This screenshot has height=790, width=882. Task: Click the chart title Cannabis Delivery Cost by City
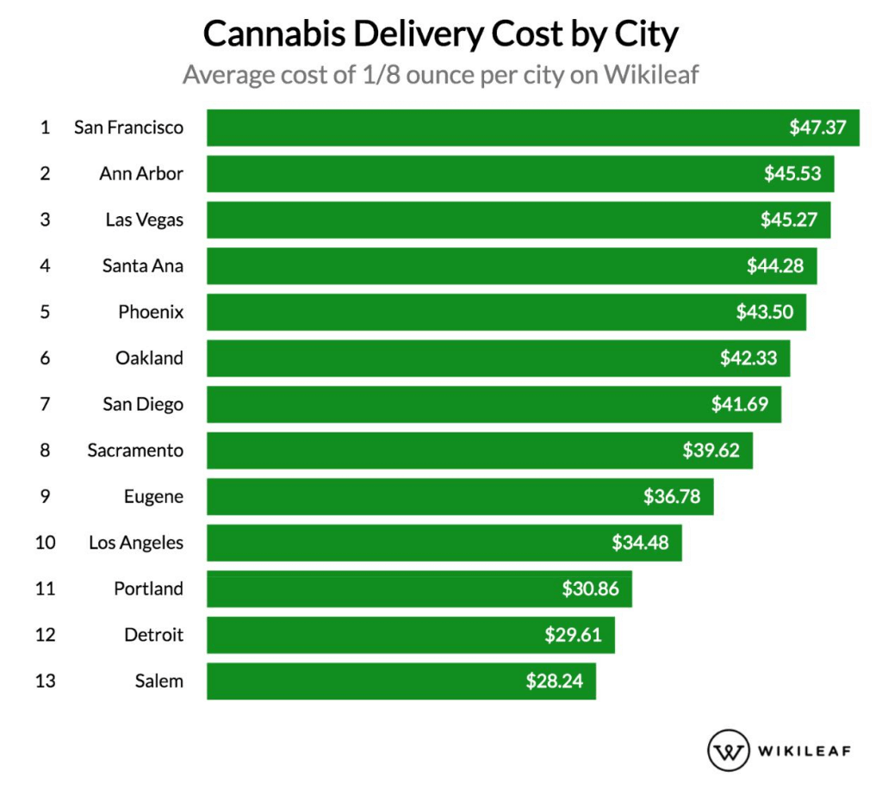pyautogui.click(x=441, y=36)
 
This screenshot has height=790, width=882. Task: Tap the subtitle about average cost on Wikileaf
pyautogui.click(x=440, y=76)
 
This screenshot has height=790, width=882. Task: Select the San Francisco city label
pyautogui.click(x=128, y=128)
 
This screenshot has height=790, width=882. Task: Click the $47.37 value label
pyautogui.click(x=818, y=128)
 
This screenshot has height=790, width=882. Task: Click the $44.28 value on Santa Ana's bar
pyautogui.click(x=775, y=266)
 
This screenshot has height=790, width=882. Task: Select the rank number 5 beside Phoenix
pyautogui.click(x=45, y=312)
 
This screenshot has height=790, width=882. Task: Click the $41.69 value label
pyautogui.click(x=740, y=404)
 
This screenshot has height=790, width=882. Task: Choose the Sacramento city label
pyautogui.click(x=135, y=450)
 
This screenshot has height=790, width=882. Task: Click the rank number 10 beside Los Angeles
pyautogui.click(x=45, y=543)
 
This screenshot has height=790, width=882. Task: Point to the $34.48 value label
pyautogui.click(x=640, y=543)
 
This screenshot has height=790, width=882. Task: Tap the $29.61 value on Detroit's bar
pyautogui.click(x=573, y=635)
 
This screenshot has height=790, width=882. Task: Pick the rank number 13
pyautogui.click(x=45, y=681)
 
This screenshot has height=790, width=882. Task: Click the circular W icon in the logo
pyautogui.click(x=728, y=750)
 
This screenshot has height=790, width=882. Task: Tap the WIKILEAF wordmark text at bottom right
pyautogui.click(x=804, y=750)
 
